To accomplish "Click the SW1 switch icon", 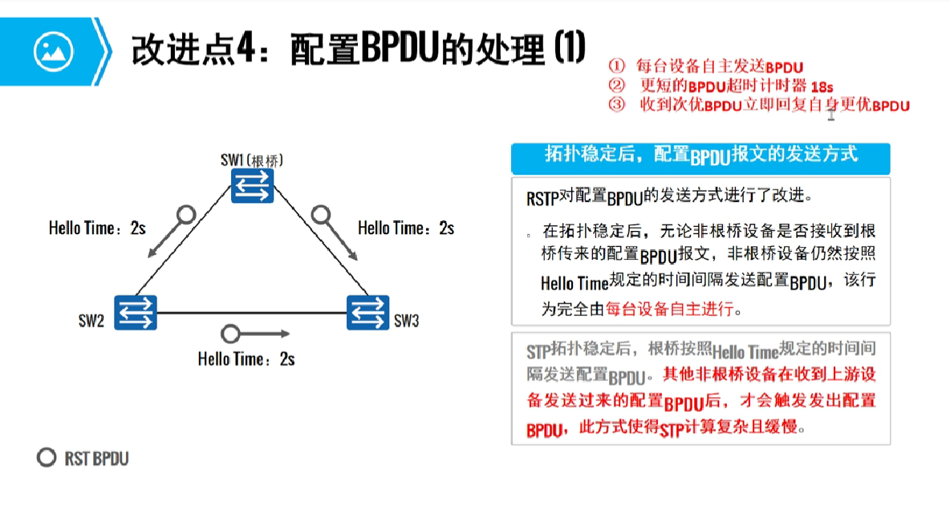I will click(x=253, y=185).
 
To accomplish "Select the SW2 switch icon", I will click(x=135, y=312).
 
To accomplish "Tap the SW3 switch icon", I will click(x=368, y=312).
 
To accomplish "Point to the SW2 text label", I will click(x=91, y=322).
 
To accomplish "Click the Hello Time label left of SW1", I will click(x=96, y=229).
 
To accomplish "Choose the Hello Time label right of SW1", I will click(x=406, y=229).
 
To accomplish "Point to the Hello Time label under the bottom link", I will click(x=246, y=359).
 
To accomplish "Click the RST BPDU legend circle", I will click(x=47, y=458).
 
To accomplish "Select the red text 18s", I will click(x=818, y=86).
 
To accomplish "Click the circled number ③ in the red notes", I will click(x=616, y=105).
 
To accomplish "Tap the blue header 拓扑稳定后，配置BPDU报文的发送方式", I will click(x=700, y=154).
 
